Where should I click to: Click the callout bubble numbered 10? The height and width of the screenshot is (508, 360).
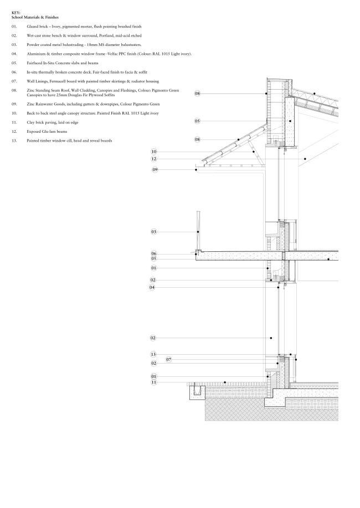tap(153, 152)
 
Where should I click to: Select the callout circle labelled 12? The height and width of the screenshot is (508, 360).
tap(153, 159)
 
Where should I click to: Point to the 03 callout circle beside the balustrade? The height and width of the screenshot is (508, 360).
tap(153, 231)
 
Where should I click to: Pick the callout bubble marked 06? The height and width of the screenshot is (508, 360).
tap(153, 253)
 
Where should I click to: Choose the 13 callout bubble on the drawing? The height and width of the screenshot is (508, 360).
tap(153, 354)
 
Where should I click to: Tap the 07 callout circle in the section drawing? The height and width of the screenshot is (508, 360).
tap(169, 359)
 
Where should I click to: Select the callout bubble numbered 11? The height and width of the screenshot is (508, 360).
tap(153, 382)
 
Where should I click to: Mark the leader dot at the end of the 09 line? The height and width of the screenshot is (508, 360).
tap(197, 169)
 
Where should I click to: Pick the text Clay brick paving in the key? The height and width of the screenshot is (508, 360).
tap(43, 122)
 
